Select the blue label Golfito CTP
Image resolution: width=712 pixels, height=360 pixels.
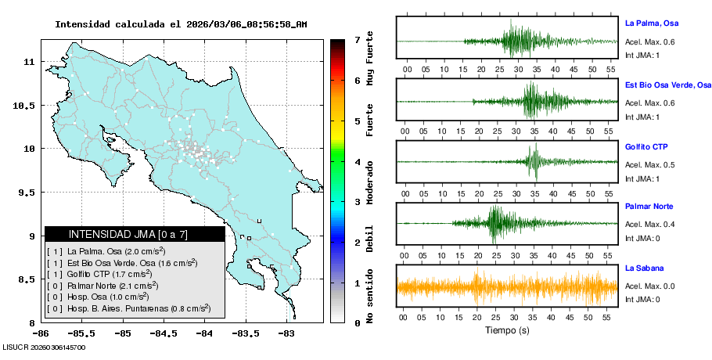pos(646,146)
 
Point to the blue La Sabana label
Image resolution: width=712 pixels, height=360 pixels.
pos(643,268)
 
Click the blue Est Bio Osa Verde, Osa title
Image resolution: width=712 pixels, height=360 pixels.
pos(667,85)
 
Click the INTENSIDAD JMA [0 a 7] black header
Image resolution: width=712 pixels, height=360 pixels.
pos(134,234)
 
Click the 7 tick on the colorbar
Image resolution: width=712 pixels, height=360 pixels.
pos(356,39)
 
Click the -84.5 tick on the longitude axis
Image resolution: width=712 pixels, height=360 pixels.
pos(164,334)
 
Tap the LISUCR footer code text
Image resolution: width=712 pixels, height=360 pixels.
pos(44,347)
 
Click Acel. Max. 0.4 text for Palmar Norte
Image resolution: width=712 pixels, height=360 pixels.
pos(650,225)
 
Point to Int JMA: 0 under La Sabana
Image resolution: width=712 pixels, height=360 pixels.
pos(642,299)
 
